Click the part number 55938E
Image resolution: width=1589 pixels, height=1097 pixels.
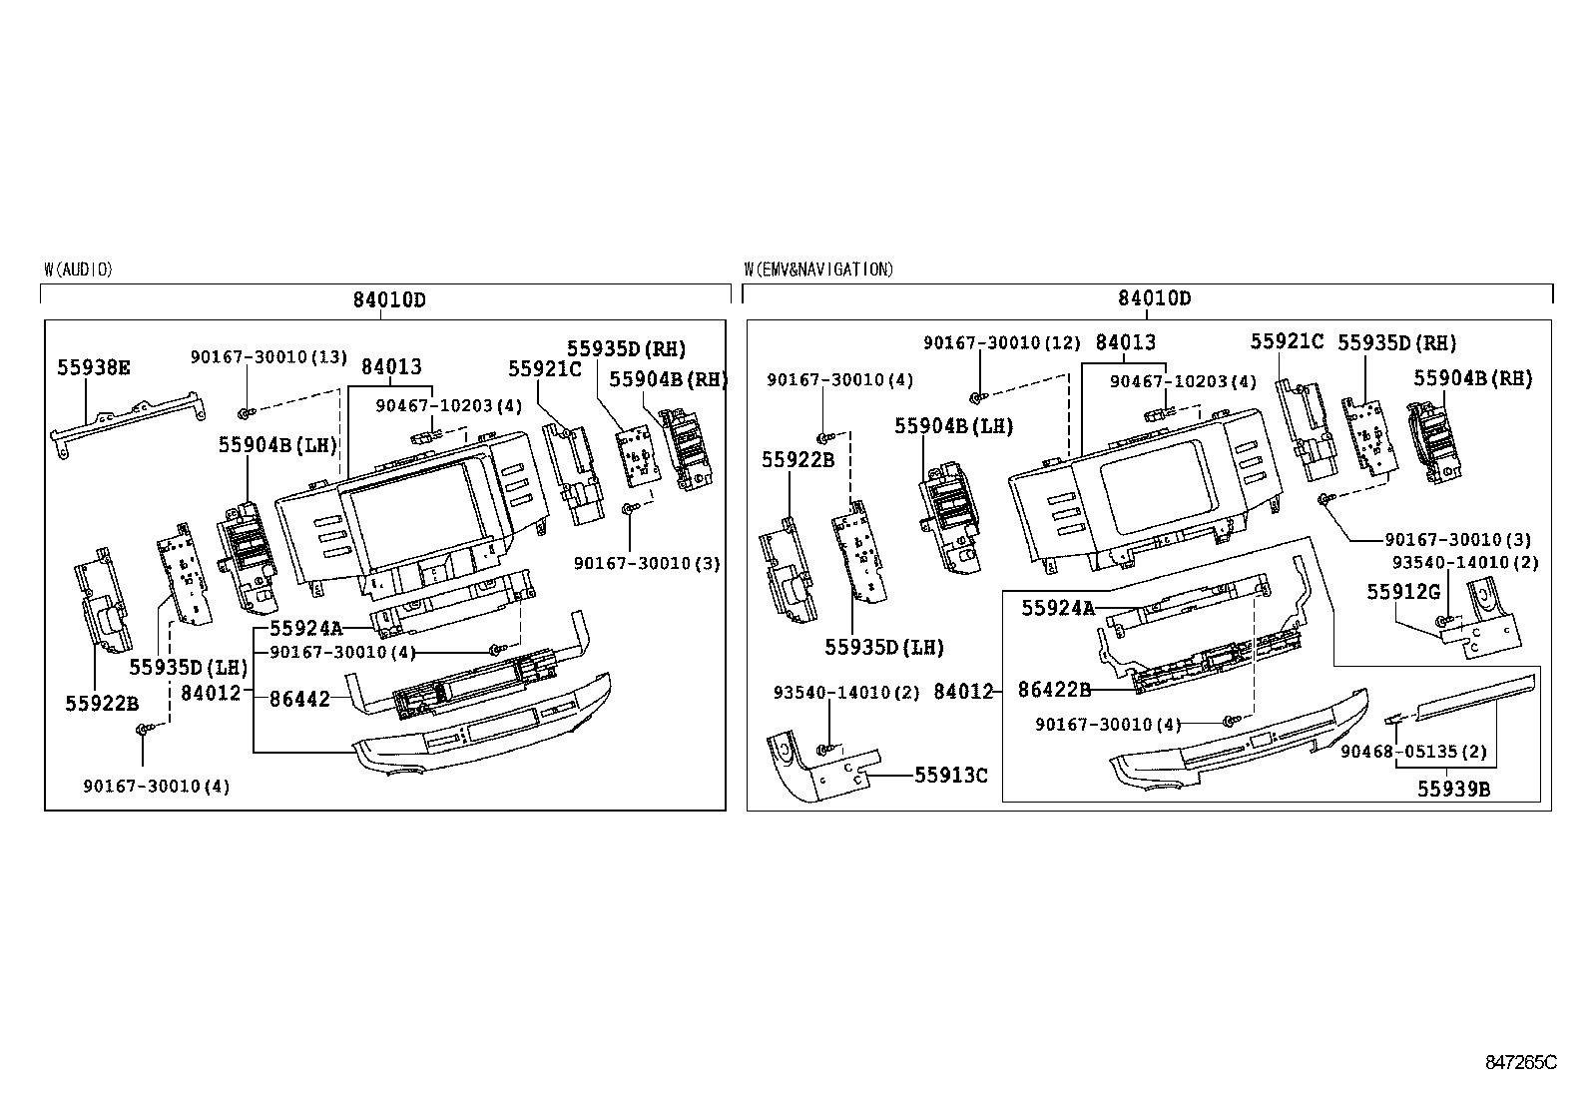coord(93,367)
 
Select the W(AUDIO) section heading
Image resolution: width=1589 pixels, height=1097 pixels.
coord(78,270)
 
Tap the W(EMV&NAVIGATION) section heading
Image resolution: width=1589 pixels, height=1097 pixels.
coord(818,270)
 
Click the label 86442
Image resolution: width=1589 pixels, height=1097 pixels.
coord(299,700)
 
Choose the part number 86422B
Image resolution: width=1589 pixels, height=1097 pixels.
coord(1054,689)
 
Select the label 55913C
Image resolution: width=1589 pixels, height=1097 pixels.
coord(951,775)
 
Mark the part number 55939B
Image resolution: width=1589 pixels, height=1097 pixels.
coord(1453,789)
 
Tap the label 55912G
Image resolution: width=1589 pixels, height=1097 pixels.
coord(1402,592)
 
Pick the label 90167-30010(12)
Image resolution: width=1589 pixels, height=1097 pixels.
coord(1001,342)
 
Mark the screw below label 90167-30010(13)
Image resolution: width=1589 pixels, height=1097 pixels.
coord(244,411)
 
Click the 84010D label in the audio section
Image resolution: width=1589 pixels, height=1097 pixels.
coord(388,299)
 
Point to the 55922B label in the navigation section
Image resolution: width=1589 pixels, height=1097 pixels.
coord(797,460)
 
